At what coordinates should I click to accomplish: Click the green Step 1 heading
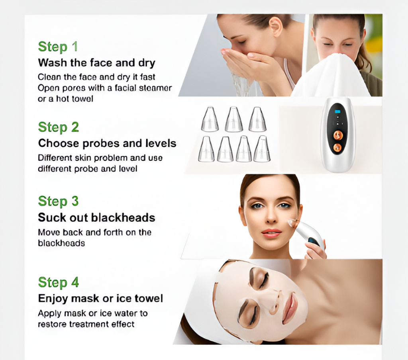click(58, 47)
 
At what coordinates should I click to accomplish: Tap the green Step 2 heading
click(58, 127)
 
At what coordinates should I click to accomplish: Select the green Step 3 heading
click(58, 201)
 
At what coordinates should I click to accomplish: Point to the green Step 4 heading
click(58, 282)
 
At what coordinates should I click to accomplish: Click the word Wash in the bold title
click(51, 63)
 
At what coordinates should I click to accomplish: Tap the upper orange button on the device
click(338, 135)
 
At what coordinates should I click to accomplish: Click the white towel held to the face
click(333, 76)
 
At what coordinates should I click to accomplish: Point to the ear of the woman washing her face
click(275, 27)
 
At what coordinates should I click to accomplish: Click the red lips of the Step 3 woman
click(271, 233)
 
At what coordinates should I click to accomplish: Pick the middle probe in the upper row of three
click(233, 119)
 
